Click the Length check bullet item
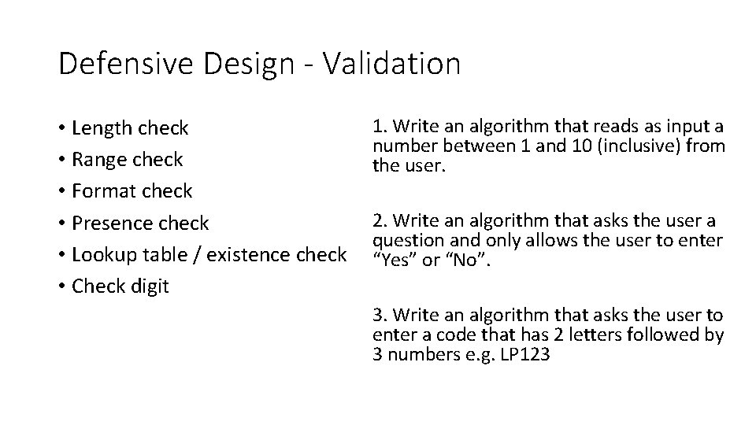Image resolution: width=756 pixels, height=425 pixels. (x=130, y=128)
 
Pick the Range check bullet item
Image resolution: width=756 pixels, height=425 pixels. (x=127, y=159)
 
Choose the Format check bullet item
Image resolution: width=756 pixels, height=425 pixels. (x=132, y=190)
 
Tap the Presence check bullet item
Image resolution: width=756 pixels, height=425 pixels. (x=140, y=223)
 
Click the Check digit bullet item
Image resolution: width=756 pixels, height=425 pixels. (x=120, y=286)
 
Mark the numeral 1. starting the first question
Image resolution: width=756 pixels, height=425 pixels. (x=379, y=128)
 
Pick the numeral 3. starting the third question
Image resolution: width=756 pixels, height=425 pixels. (x=379, y=316)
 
